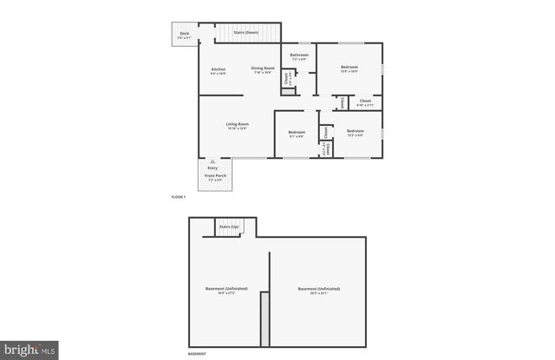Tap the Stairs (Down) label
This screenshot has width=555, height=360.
(246, 32)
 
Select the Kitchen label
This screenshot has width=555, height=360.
(219, 69)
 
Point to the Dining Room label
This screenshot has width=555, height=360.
(263, 69)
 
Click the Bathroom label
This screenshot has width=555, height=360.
(299, 56)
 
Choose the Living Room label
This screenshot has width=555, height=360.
(238, 125)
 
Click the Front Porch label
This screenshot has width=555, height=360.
(216, 176)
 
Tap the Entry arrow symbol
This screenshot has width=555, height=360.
(212, 161)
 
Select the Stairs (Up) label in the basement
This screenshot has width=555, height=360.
(229, 226)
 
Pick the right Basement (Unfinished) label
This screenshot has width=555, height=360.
(318, 289)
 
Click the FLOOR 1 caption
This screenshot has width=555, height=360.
(179, 198)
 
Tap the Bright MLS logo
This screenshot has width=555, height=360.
(29, 350)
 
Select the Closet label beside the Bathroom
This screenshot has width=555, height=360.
(287, 78)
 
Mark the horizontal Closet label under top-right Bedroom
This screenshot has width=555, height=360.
(365, 101)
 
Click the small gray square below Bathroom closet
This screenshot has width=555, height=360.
(288, 91)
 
